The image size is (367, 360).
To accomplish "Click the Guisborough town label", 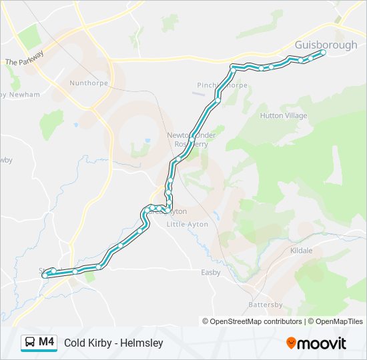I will coord(326,45).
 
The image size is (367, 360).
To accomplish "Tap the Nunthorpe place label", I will coord(87,83).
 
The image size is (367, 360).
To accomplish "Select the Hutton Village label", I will coord(284,116).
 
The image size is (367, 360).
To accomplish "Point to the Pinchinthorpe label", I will coord(222,85).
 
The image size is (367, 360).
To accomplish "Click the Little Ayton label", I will coord(187,225).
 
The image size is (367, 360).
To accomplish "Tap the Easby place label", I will coord(211,273).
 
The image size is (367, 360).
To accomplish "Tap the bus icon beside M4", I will coord(30,343).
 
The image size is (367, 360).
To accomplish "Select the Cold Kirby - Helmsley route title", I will coord(113,343).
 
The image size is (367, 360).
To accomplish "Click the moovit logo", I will coord(316,343).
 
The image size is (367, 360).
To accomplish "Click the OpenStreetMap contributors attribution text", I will coord(252,321).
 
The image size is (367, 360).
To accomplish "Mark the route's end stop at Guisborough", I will coord(323,52).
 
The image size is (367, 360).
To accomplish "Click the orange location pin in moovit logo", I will coord(291,343).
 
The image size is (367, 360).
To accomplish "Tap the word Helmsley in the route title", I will coord(143,343).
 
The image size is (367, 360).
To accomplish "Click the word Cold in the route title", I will coord(75,343).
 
